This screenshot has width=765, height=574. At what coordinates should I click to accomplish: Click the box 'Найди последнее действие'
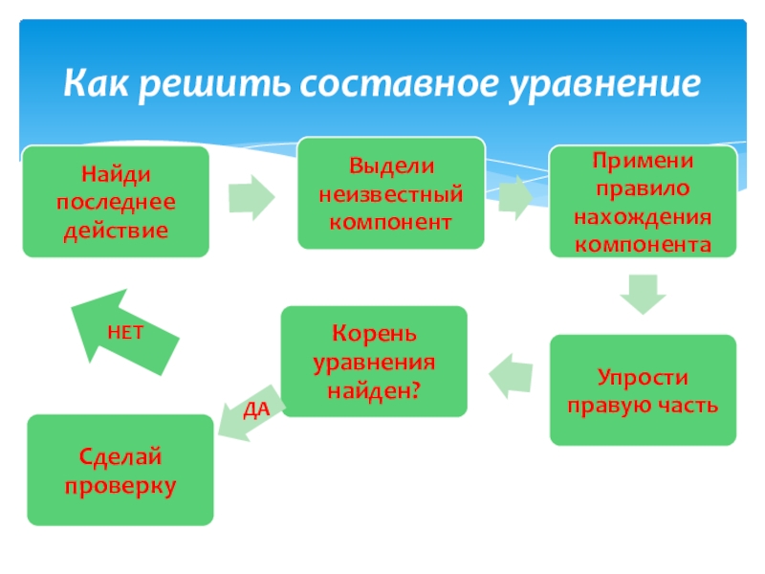116,202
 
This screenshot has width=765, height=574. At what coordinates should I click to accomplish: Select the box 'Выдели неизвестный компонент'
390,193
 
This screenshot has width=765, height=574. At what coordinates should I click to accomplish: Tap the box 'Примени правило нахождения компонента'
643,202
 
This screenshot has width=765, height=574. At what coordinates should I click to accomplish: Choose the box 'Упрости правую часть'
643,389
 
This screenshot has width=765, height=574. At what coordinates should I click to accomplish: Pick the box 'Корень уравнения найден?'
375,362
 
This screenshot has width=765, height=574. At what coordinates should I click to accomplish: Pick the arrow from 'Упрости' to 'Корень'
509,375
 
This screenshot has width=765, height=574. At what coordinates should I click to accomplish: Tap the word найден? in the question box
375,390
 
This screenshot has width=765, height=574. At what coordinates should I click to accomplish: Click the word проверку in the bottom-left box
121,486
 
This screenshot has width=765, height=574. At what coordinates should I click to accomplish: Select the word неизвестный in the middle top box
390,194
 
